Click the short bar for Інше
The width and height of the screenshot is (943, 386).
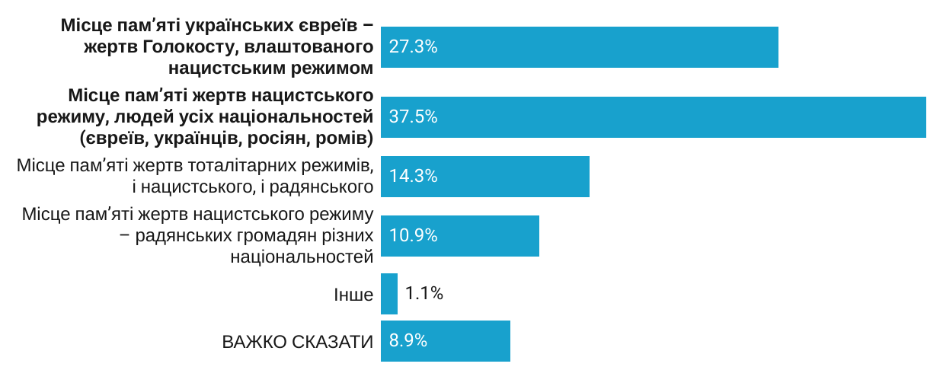[389, 294]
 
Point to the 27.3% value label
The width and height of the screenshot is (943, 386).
[413, 47]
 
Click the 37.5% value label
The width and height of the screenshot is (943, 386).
[413, 117]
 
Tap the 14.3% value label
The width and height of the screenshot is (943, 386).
[413, 177]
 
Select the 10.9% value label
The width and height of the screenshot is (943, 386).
[413, 236]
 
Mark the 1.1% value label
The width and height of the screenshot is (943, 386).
[424, 294]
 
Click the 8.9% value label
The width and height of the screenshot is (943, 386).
[408, 341]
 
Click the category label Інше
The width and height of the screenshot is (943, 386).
[353, 295]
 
